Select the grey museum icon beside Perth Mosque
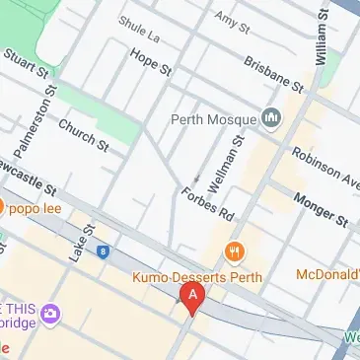pos(273,120)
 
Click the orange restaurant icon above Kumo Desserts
pos(234,252)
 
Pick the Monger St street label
pos(322,210)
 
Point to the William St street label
pos(322,40)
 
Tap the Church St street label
pos(83,136)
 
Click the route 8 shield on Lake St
pos(102,252)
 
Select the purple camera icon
pos(49,315)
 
